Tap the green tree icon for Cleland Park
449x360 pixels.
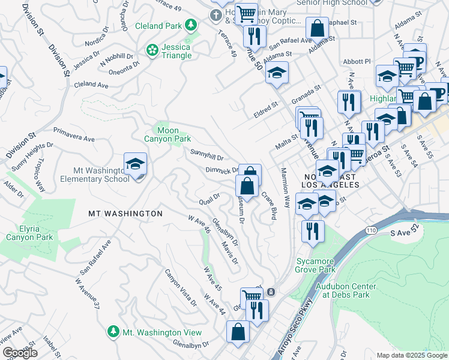(x=190, y=25)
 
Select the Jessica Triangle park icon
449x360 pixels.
(x=153, y=49)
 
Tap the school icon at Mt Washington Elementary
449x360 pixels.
(x=136, y=164)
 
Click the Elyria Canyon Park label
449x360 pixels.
(x=29, y=233)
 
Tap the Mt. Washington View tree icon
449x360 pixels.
(x=113, y=332)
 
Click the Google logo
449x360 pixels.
(x=20, y=353)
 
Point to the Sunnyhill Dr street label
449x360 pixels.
(x=207, y=155)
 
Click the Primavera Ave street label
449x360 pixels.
(x=74, y=134)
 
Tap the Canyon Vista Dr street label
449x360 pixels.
(x=180, y=286)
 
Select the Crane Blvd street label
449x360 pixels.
(x=269, y=205)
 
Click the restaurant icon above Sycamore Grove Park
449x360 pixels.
(x=313, y=231)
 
